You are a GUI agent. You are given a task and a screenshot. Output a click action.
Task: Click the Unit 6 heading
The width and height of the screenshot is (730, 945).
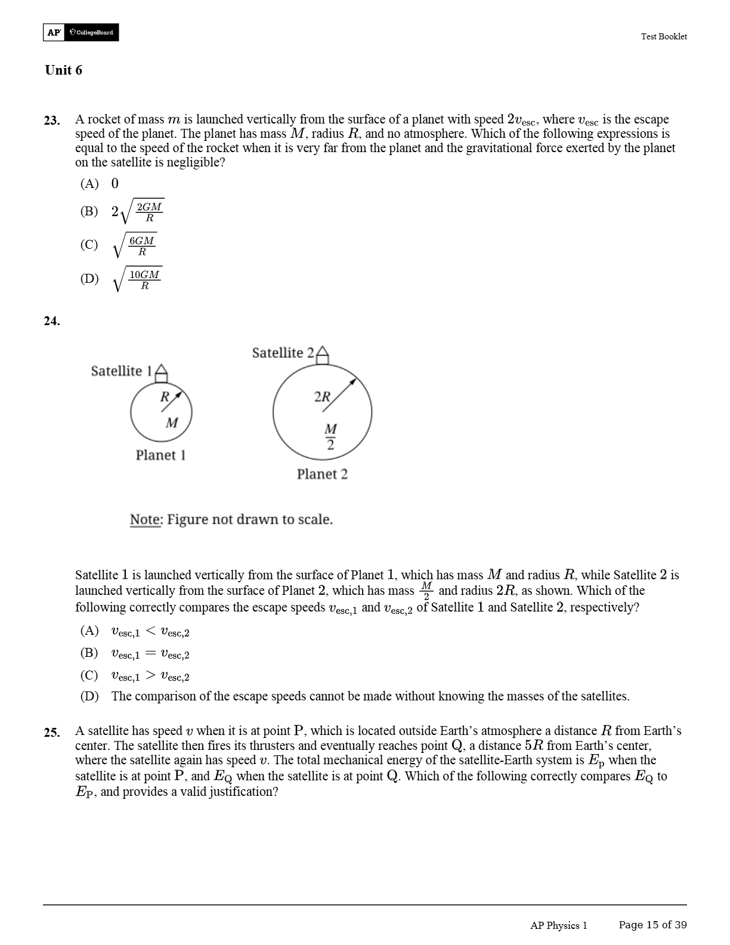pyautogui.click(x=63, y=70)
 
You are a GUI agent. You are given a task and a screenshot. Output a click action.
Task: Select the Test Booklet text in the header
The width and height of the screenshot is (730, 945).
pyautogui.click(x=663, y=36)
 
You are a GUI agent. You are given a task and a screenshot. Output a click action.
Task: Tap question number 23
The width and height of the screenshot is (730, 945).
pyautogui.click(x=52, y=121)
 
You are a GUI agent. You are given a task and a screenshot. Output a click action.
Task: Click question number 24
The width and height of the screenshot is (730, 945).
pyautogui.click(x=52, y=321)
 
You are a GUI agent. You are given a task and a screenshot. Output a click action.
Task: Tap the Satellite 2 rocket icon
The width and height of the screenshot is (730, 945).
pyautogui.click(x=322, y=354)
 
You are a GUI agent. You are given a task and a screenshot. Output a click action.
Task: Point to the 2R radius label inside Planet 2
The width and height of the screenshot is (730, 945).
pyautogui.click(x=322, y=397)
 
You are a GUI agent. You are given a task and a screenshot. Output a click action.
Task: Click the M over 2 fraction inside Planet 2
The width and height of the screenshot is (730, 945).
pyautogui.click(x=330, y=437)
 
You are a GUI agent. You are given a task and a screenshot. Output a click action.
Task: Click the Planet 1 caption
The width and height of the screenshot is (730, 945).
pyautogui.click(x=160, y=455)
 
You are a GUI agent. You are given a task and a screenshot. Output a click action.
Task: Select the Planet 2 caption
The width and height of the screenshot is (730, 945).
pyautogui.click(x=322, y=474)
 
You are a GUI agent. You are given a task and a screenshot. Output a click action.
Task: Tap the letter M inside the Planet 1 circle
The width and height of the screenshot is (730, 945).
pyautogui.click(x=172, y=423)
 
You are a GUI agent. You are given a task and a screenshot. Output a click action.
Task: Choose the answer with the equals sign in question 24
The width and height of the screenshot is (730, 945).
pyautogui.click(x=150, y=654)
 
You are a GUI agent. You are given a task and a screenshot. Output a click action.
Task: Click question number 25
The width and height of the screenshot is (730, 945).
pyautogui.click(x=52, y=732)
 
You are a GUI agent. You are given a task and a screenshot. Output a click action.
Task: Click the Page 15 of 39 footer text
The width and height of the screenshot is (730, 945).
pyautogui.click(x=652, y=925)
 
